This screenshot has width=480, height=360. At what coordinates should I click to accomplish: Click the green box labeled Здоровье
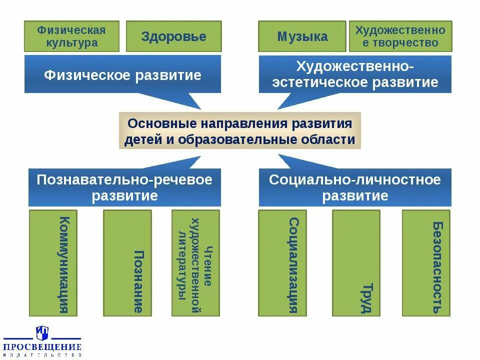click(x=173, y=36)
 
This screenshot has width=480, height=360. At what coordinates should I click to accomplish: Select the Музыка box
click(x=302, y=36)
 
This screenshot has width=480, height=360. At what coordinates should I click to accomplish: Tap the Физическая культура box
click(x=71, y=36)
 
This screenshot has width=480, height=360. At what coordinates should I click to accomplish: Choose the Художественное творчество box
click(x=400, y=36)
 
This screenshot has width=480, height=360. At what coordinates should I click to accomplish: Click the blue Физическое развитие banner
click(x=122, y=75)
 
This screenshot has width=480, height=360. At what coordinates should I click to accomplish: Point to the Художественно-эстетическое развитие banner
click(x=355, y=74)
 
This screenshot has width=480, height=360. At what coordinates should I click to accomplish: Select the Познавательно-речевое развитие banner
click(x=124, y=187)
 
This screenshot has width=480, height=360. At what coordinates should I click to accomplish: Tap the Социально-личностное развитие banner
click(x=355, y=187)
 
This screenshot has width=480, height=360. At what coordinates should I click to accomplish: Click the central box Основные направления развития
click(x=239, y=131)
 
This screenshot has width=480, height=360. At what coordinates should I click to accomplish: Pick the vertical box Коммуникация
click(x=53, y=263)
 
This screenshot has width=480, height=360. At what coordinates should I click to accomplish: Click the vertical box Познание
click(x=127, y=263)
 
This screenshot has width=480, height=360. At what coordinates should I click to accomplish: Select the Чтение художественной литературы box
click(x=195, y=263)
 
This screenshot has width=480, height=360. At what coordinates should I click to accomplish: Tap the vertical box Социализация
click(x=282, y=263)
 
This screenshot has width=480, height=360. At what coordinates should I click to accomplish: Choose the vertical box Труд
click(x=356, y=263)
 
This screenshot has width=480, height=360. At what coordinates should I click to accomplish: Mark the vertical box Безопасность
click(x=426, y=263)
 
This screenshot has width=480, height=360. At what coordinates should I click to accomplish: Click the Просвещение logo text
click(x=42, y=346)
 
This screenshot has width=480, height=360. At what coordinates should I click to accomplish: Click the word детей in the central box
click(x=141, y=139)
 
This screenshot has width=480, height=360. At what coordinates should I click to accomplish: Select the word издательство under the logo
click(x=42, y=355)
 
